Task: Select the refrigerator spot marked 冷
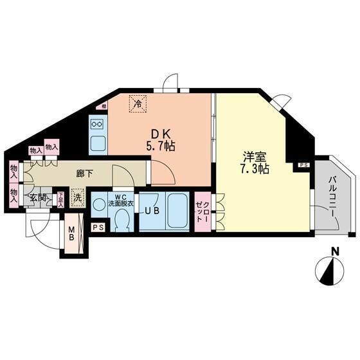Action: click(137, 101)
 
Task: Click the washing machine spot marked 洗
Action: click(76, 198)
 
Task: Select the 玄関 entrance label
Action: click(36, 198)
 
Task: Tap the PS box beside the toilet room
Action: click(98, 228)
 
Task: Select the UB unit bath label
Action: click(151, 211)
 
